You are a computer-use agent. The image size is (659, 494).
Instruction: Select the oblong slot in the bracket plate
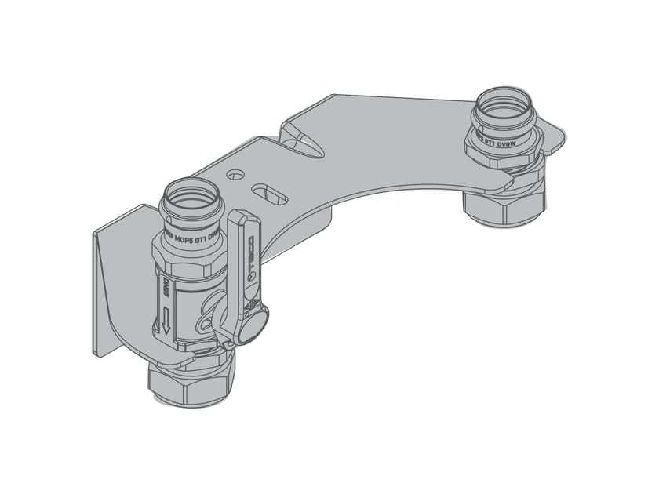pos(270,192)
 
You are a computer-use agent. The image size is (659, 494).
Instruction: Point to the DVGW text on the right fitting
pos(511,143)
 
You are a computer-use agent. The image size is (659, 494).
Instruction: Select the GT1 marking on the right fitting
pos(489,142)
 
